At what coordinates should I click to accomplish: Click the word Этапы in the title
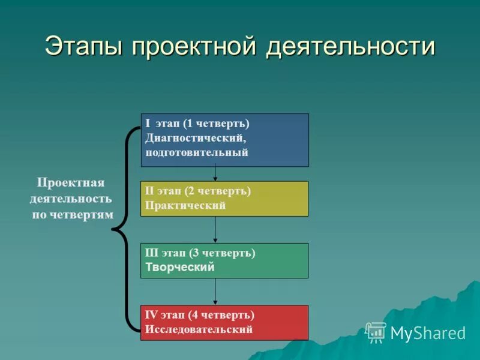click(x=85, y=47)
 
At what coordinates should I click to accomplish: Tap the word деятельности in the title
click(x=350, y=47)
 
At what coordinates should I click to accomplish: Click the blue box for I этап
click(x=224, y=140)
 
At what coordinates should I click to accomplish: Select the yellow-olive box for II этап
click(x=224, y=199)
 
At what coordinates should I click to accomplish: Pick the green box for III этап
click(x=224, y=260)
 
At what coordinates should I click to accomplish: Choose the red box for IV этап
click(x=224, y=322)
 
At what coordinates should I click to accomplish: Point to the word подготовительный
click(x=196, y=152)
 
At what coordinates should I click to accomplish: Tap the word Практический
click(x=185, y=205)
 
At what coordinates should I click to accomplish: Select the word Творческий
click(x=180, y=268)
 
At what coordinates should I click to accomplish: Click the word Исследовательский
click(x=199, y=329)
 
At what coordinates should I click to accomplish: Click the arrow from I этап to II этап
click(x=215, y=174)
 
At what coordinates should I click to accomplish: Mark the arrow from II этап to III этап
click(x=215, y=229)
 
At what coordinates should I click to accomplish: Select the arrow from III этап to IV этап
click(x=215, y=292)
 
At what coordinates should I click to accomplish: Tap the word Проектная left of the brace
click(x=71, y=182)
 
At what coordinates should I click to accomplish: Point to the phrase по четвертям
click(x=72, y=215)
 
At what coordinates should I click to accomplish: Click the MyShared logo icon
click(x=376, y=332)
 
